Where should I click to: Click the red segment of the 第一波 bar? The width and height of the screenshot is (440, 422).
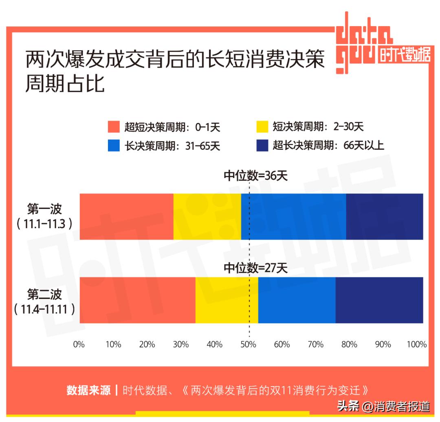pos(126,216)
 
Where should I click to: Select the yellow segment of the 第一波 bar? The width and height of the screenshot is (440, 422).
pos(207,216)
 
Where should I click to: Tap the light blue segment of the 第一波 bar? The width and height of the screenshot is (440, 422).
pos(293,216)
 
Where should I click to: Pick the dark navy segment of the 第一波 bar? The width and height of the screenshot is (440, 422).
pos(385,216)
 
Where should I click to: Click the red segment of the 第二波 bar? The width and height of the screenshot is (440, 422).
pos(137,300)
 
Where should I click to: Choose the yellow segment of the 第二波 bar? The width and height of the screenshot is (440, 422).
pos(227,300)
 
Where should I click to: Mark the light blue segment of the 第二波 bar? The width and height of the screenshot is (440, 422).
pos(297,300)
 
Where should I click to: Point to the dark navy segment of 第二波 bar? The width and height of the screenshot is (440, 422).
pos(379,300)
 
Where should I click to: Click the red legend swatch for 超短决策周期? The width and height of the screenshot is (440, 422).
pos(114,127)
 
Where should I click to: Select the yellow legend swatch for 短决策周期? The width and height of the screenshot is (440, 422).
pos(262,127)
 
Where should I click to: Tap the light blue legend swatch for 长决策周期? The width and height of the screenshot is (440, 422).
pos(114,145)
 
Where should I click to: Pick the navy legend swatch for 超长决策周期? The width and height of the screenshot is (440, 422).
pos(262,145)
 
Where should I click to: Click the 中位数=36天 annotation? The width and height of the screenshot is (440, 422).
pos(255,176)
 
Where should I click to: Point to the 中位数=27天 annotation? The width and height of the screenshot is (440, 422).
pos(255,268)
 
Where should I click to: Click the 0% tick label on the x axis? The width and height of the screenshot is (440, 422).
pos(79,345)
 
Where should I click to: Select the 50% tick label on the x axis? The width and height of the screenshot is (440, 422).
pos(248,345)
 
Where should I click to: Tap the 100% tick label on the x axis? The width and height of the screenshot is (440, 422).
pos(416,345)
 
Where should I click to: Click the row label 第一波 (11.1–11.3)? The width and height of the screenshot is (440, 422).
pos(44,216)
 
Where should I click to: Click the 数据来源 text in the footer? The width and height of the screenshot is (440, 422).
pos(89,390)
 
